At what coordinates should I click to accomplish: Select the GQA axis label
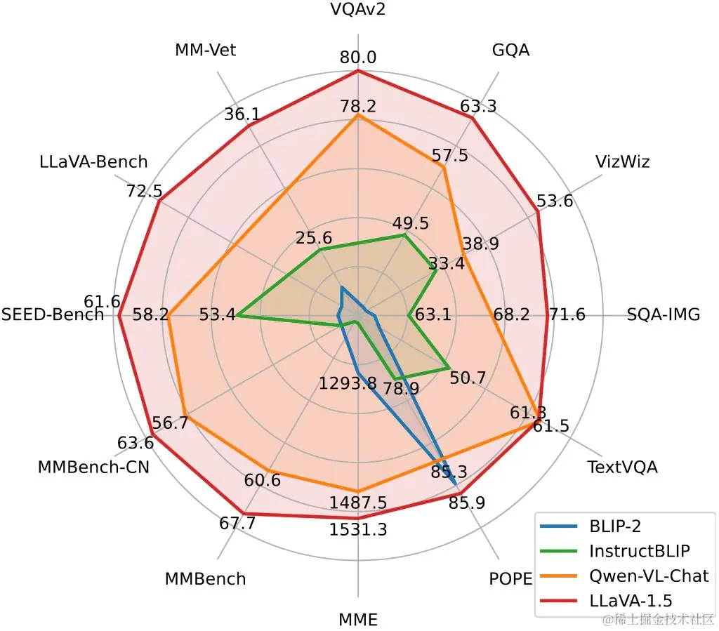tap(510, 50)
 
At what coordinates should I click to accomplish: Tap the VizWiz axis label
tap(622, 162)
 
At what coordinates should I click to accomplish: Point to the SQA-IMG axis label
tap(664, 314)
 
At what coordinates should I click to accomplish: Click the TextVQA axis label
tap(622, 467)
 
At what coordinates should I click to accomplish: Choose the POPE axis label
tap(510, 579)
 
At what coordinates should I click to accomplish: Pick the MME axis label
tap(358, 620)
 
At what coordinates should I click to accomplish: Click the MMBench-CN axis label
tap(93, 467)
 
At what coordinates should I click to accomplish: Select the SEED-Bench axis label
tap(53, 314)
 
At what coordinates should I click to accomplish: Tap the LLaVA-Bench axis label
tap(93, 162)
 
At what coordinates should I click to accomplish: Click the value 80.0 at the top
tap(358, 57)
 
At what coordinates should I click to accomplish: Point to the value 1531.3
tap(358, 530)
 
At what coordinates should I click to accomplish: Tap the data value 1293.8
tap(348, 384)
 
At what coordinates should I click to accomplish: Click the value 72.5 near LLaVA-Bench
tap(143, 191)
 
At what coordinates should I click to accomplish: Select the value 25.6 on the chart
tap(314, 238)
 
